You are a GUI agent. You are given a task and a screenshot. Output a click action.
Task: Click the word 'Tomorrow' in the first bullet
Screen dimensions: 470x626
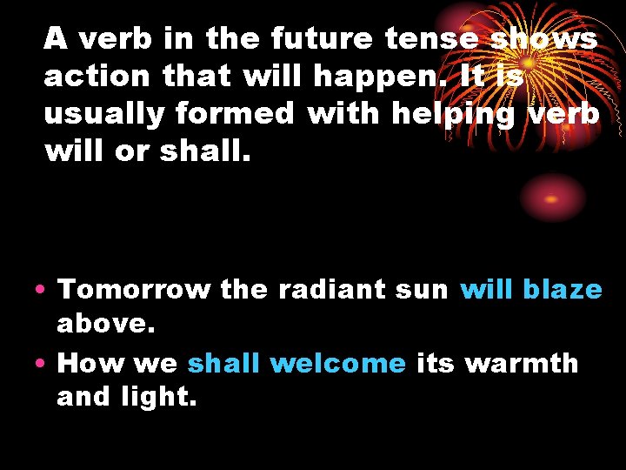134,289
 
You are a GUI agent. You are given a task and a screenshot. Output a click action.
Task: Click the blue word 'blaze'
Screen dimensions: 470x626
563,289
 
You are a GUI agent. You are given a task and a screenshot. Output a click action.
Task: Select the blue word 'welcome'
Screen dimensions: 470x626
337,362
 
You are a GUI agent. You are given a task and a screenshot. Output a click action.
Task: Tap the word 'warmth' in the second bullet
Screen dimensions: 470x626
522,362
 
